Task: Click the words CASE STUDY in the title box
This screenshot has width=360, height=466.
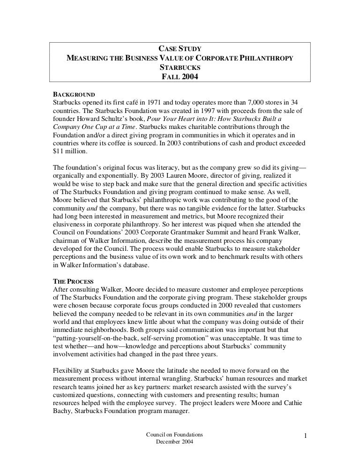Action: pos(180,49)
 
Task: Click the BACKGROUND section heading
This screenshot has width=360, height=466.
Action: pos(75,93)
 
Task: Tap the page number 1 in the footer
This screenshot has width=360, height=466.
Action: pos(305,437)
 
